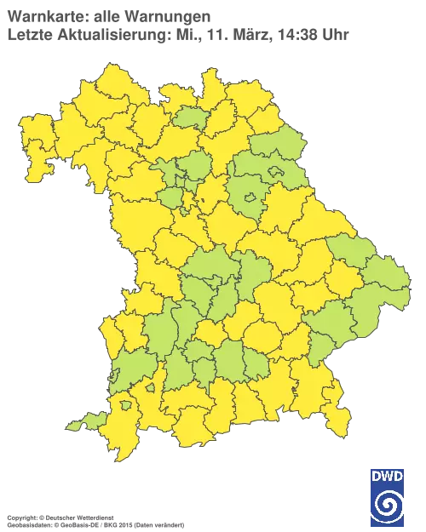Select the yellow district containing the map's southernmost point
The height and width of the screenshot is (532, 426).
[x=119, y=434]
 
